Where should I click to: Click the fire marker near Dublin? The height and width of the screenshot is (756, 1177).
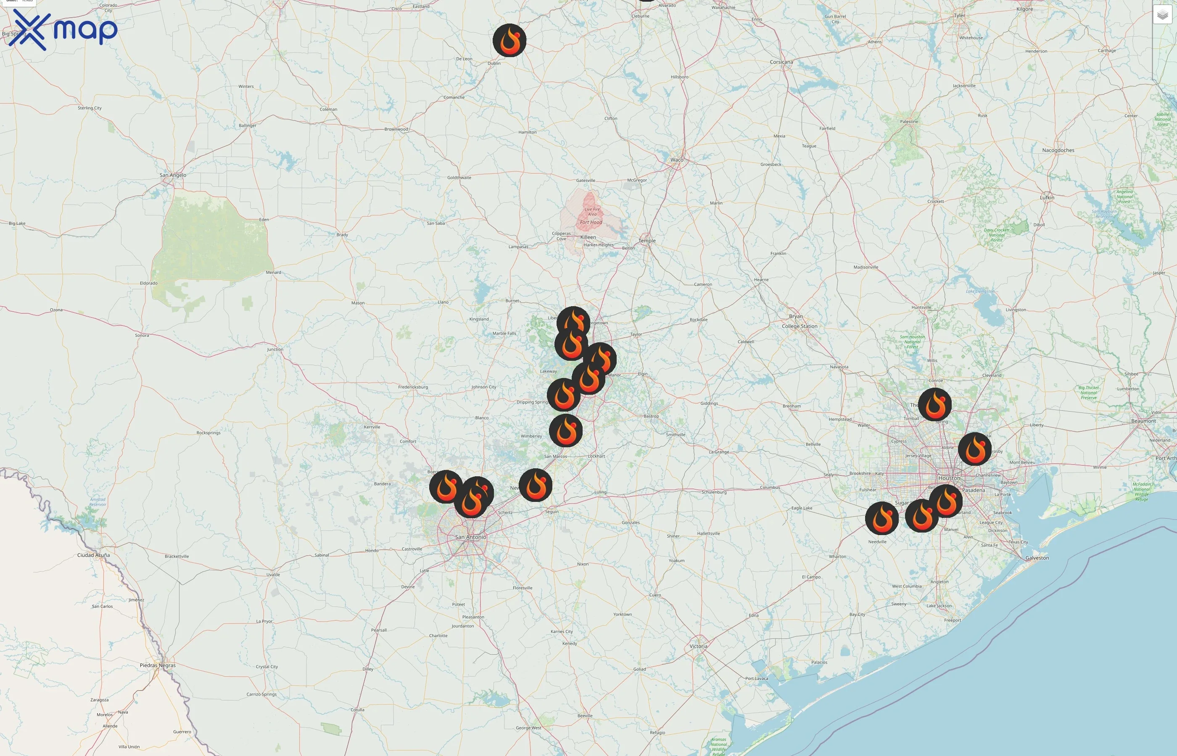[509, 40]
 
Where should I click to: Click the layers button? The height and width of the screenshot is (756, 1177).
[1162, 15]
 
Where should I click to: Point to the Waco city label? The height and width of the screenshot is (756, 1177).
[676, 160]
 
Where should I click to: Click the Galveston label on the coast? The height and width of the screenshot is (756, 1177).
[1037, 558]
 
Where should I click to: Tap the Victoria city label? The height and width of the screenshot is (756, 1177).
[698, 646]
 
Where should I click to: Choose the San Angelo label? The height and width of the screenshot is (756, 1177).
[173, 175]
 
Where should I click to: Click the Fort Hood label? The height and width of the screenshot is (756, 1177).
[591, 222]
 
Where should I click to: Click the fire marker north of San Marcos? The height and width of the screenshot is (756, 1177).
[565, 430]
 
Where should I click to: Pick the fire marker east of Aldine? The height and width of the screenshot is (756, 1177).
[975, 449]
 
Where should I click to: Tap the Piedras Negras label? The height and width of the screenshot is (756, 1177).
[157, 665]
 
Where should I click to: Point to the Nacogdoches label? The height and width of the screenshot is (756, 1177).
[1058, 150]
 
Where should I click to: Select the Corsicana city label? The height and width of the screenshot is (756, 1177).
[781, 62]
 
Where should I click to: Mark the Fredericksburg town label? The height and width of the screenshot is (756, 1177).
[413, 387]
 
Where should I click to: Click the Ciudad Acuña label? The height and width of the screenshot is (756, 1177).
[93, 555]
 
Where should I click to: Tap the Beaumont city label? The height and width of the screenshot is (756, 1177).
[1143, 421]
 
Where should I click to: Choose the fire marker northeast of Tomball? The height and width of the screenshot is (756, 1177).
[935, 404]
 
